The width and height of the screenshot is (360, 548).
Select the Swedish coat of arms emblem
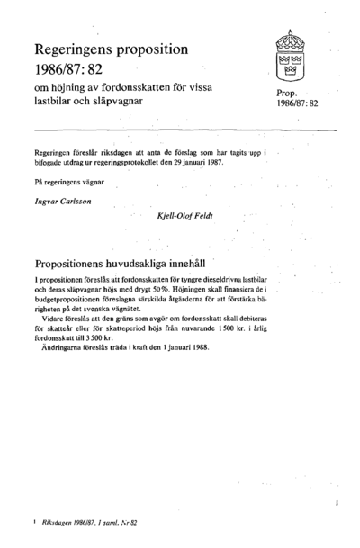pyautogui.click(x=290, y=57)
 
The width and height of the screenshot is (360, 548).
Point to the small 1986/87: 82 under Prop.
pyautogui.click(x=293, y=104)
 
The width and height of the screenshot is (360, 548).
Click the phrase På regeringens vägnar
pyautogui.click(x=66, y=184)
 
